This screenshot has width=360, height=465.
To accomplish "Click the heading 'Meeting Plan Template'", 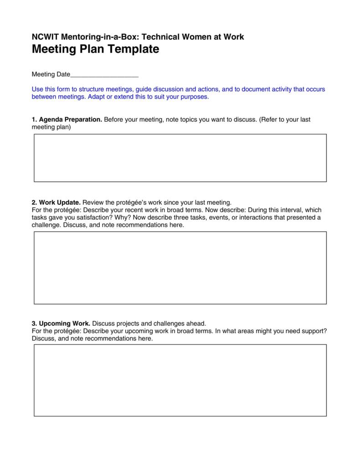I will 95,49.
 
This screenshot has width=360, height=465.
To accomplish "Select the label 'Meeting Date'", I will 51,74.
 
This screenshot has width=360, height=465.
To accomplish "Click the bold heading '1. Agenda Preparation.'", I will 67,120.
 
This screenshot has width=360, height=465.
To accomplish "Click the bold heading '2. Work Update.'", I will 56,202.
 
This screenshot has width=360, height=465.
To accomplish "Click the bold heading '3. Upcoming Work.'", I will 61,323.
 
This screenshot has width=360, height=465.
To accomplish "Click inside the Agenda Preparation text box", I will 180,158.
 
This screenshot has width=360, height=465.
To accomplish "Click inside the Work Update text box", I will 180,268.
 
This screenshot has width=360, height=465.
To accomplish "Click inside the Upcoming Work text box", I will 180,380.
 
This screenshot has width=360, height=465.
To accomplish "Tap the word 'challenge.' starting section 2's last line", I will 46,225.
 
